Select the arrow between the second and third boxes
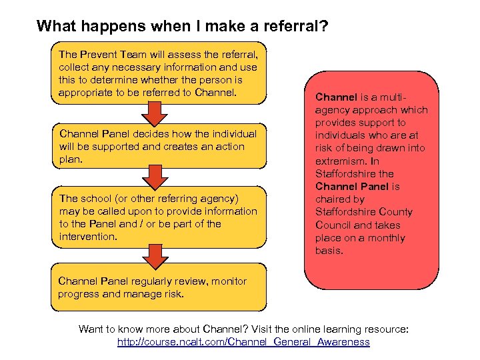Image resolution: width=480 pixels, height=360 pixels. click(155, 177)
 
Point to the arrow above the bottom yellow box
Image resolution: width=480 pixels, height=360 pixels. click(155, 256)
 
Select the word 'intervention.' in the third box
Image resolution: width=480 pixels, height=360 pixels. click(88, 237)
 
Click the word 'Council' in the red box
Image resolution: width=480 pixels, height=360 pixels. click(334, 225)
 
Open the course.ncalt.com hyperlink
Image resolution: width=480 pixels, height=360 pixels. click(243, 342)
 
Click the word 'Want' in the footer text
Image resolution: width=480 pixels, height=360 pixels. click(91, 329)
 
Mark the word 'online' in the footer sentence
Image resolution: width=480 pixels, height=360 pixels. click(299, 329)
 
